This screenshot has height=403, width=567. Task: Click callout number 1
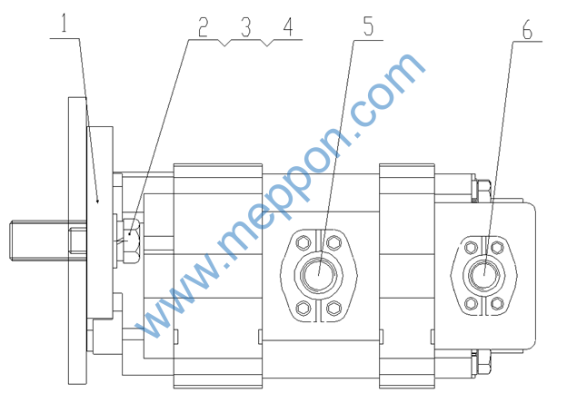coord(64,24)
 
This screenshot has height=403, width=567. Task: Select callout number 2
coord(204,27)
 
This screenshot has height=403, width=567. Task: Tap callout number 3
coord(246,27)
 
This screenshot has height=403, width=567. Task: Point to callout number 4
coord(288,27)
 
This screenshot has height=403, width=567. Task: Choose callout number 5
coord(368,26)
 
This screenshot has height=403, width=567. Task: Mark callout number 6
coord(527,30)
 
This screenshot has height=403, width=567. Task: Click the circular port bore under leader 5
coord(319,275)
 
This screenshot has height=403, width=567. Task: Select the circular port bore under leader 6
coord(483,275)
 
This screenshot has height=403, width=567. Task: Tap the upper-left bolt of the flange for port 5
coord(303,242)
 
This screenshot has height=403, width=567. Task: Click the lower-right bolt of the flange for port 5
coord(333,308)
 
